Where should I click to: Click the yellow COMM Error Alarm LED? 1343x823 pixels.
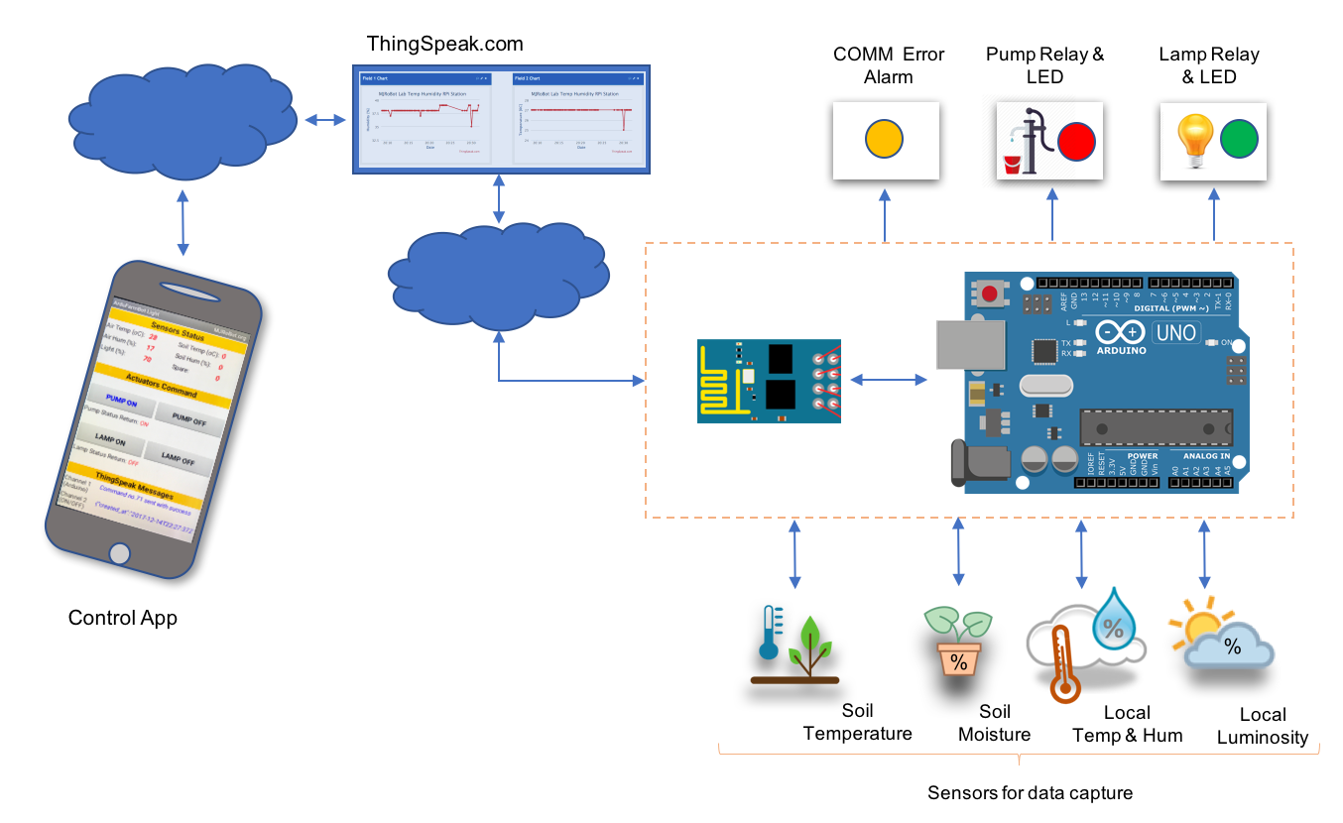883,139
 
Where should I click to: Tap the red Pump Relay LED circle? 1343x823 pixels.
1075,142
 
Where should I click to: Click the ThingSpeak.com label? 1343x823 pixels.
444,44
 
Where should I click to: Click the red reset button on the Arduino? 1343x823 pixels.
991,294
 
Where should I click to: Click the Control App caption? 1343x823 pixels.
122,618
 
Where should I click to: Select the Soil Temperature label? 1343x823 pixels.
857,723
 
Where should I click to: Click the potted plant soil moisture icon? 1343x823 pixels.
958,643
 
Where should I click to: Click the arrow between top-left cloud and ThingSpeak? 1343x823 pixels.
324,120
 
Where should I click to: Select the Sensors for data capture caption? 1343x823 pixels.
1030,793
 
